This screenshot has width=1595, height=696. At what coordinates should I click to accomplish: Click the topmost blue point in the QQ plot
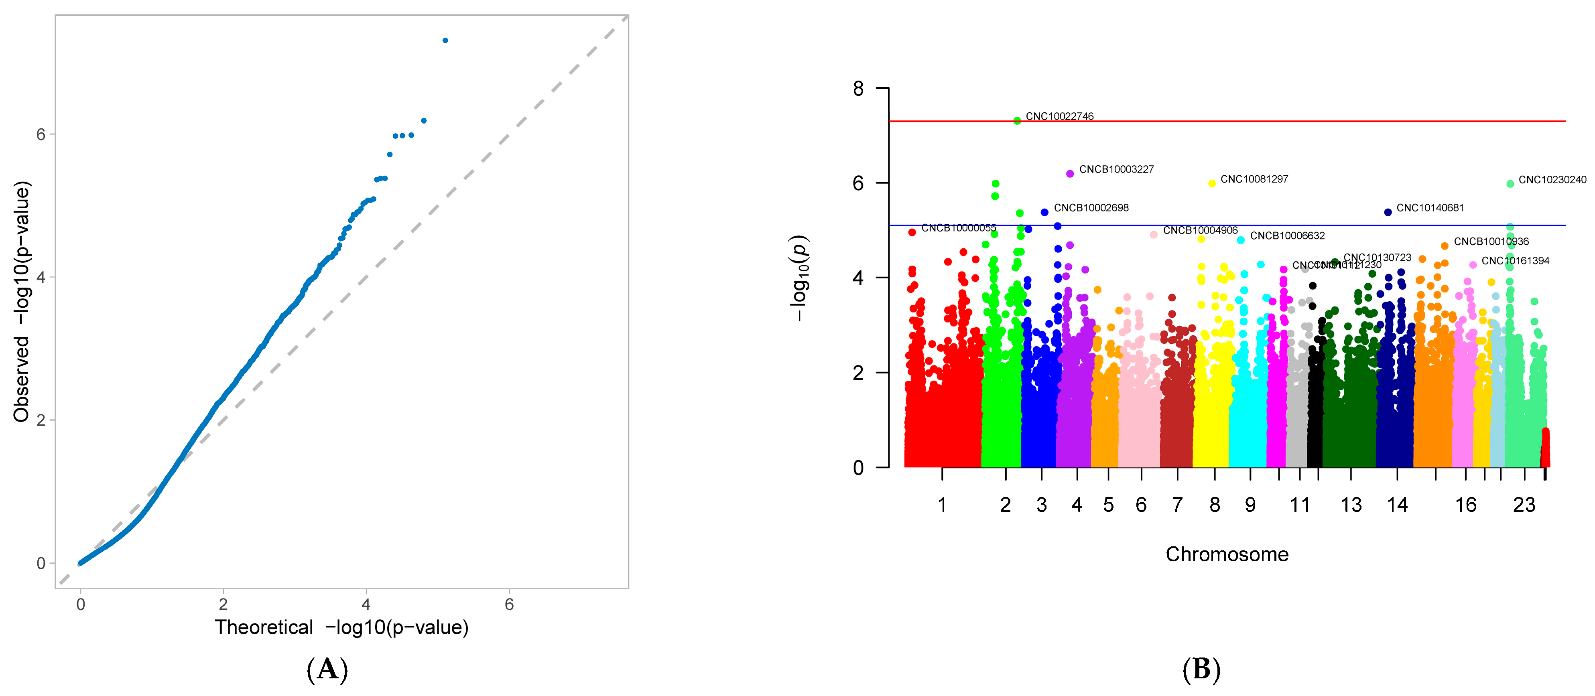click(445, 40)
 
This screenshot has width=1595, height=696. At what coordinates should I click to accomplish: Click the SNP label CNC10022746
click(1059, 116)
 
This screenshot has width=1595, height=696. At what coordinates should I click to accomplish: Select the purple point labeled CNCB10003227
click(1070, 174)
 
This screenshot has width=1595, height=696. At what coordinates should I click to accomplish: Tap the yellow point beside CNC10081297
click(1212, 183)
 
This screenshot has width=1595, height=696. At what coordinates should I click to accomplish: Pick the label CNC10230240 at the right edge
click(1552, 180)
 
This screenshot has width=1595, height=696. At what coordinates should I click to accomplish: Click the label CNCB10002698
click(1091, 208)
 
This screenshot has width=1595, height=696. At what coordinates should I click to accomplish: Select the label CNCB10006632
click(1287, 236)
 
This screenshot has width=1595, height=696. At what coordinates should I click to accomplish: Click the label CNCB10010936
click(1491, 241)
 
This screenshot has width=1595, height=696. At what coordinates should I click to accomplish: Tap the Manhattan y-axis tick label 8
click(858, 89)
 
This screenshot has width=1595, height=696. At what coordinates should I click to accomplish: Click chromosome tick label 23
click(1524, 505)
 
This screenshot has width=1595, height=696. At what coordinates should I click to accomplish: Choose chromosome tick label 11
click(1300, 505)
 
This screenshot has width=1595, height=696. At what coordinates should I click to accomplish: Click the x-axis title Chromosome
click(1227, 554)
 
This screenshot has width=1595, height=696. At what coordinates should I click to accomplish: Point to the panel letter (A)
click(327, 670)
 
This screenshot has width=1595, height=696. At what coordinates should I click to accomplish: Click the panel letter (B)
click(1201, 670)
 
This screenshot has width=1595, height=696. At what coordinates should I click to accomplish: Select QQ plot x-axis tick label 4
click(366, 605)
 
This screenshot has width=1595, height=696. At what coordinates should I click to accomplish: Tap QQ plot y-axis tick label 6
click(41, 134)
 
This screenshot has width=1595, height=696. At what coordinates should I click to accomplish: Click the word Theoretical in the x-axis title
click(264, 628)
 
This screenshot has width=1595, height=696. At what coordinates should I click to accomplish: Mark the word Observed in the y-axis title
click(22, 379)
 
